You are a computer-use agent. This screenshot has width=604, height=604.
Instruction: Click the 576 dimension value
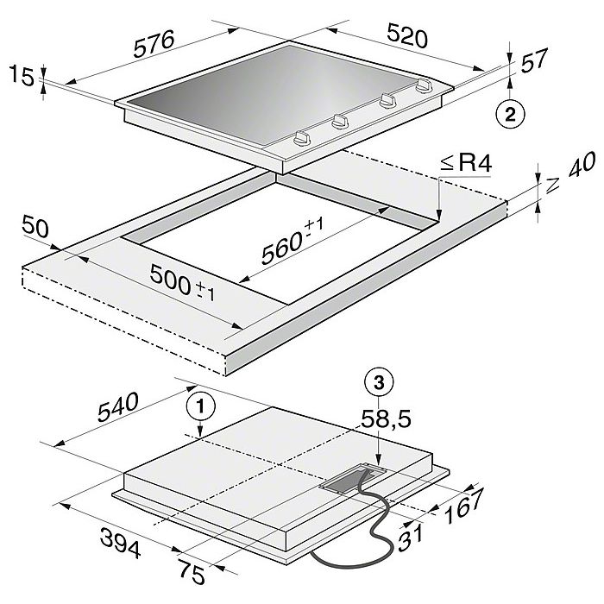point(154,44)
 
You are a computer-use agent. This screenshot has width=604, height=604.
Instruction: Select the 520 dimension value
point(407,35)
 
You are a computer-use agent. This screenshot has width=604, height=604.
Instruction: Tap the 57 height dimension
point(534,60)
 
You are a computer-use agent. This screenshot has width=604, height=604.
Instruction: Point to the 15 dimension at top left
point(22,76)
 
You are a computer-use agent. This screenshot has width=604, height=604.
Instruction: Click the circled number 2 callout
point(510,115)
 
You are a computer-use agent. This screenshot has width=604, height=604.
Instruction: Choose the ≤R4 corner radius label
point(467,163)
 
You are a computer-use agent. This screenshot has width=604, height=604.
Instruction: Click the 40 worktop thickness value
point(582,165)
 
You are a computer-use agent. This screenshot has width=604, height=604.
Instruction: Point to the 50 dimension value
point(35,226)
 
